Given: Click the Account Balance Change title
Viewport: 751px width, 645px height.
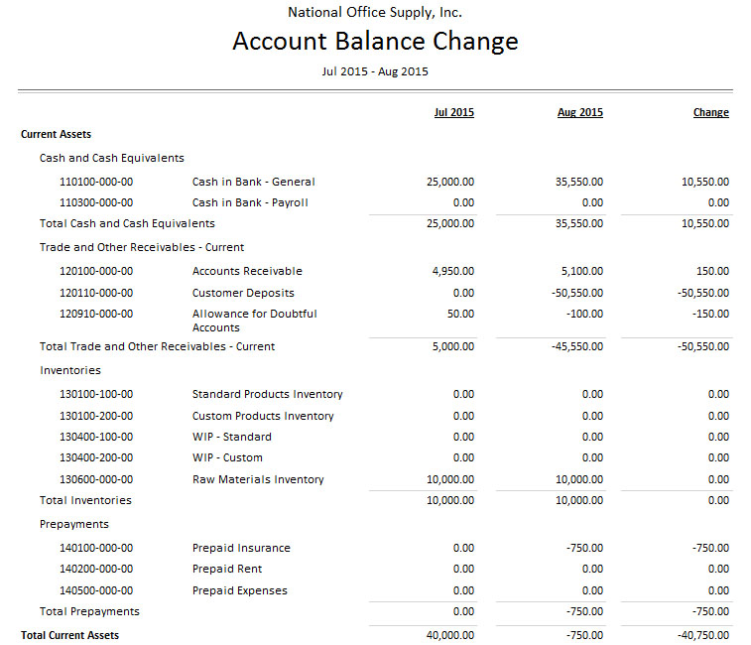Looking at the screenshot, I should point(375,42).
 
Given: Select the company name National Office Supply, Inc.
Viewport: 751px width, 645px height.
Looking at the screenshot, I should point(375,13).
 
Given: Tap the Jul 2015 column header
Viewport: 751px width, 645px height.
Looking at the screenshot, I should point(454,112).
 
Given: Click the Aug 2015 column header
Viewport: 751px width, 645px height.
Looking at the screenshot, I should point(580,112).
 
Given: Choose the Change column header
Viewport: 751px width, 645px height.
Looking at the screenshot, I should point(710,112).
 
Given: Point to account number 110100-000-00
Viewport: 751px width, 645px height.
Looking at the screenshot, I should point(96,182).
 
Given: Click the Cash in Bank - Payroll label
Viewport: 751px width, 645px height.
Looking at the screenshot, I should point(250,202).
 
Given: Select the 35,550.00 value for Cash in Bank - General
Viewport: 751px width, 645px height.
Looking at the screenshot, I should point(580,182).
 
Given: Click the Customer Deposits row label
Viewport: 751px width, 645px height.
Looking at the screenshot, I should point(243,293).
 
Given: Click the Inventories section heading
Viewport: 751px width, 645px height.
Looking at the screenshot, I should point(70,370).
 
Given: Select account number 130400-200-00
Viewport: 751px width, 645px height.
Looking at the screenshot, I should point(96,457).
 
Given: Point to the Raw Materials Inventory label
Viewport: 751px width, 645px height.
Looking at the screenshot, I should point(258,479).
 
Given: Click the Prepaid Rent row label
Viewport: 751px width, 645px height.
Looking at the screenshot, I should point(227,569).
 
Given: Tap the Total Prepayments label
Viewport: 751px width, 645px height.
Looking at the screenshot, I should point(89,611).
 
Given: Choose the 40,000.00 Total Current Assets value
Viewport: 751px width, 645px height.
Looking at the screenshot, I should point(450,635).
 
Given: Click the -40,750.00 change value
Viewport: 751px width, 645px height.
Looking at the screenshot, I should point(702,635).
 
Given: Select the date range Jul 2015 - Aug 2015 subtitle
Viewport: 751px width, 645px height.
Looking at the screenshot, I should point(375,71).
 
